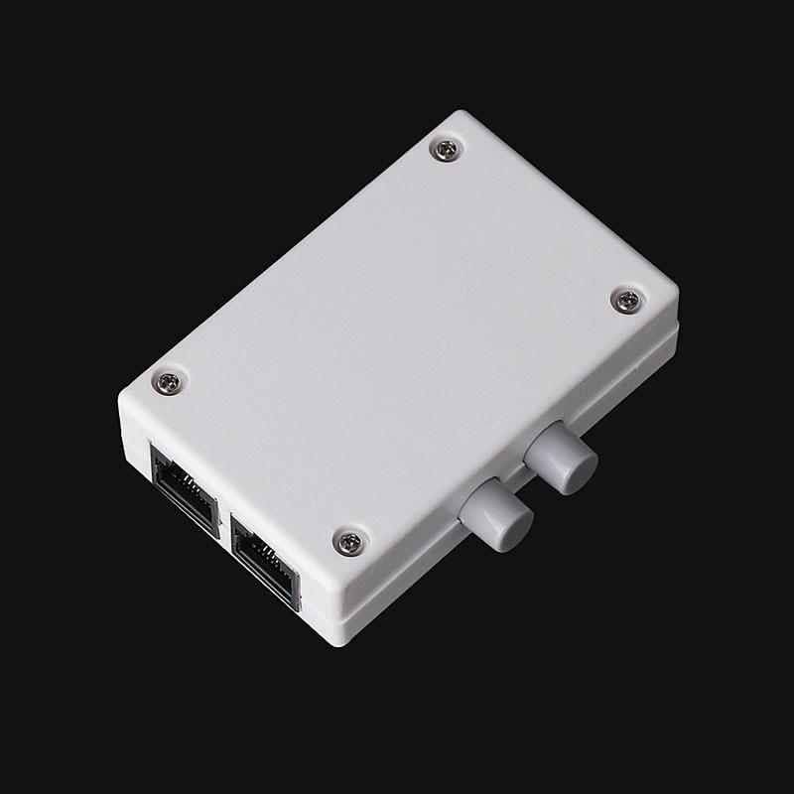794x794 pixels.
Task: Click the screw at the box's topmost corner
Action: pos(446,150)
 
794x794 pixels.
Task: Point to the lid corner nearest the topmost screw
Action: pos(463,114)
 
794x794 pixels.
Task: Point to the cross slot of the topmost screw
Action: pos(446,150)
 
